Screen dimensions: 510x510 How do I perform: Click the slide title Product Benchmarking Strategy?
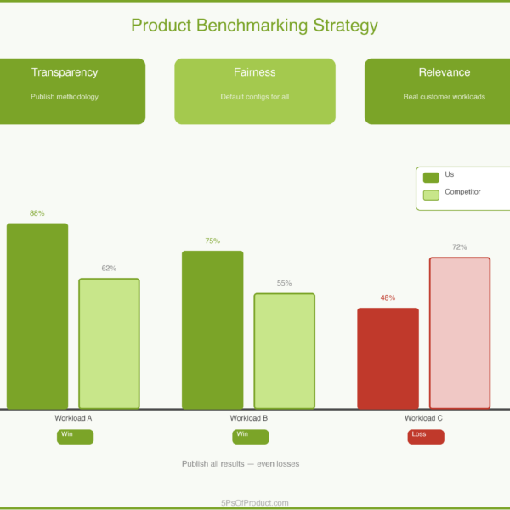pos(254,25)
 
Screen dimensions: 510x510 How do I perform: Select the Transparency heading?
pos(65,72)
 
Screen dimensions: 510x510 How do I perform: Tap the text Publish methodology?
pos(65,97)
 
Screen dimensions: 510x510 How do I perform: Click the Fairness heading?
pos(255,72)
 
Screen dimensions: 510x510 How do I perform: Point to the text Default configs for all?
pos(255,97)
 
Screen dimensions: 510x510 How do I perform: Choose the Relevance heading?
pos(444,72)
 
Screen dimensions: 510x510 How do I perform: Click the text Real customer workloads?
pos(444,97)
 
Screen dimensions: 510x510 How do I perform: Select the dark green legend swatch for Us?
pos(431,177)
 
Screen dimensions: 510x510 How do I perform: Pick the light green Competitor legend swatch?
pos(431,195)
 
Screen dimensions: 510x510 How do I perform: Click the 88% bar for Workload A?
pos(37,316)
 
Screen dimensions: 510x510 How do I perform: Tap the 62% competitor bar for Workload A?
pos(109,343)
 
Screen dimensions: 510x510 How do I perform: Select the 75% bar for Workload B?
pos(212,330)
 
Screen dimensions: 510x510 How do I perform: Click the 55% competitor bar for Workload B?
pos(284,351)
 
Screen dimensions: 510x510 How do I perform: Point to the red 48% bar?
pos(388,358)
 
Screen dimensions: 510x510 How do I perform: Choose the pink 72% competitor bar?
pos(460,332)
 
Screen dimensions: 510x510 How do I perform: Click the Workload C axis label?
pos(423,418)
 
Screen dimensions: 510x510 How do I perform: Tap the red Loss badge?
pos(426,436)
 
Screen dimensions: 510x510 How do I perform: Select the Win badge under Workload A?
pos(75,436)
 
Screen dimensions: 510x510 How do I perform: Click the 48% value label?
pos(388,298)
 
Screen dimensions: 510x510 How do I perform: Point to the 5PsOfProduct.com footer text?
pos(254,502)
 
